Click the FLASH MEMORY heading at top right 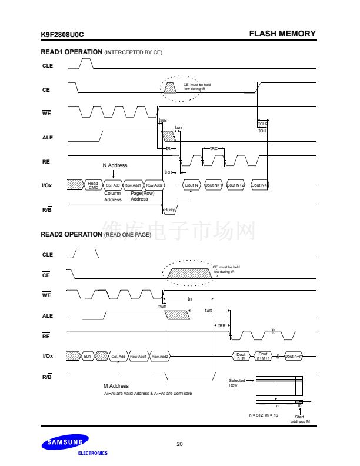pos(282,34)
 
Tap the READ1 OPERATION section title pos(71,52)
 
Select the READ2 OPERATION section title pos(71,234)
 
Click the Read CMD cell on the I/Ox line pos(93,185)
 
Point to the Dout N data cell pos(192,185)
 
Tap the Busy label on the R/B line pos(169,209)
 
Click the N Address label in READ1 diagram pos(115,165)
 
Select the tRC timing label pos(214,149)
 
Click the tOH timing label pos(262,131)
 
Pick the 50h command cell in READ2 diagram pos(87,357)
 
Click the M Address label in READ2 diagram pos(115,386)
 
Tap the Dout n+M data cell pos(241,357)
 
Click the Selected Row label pos(237,382)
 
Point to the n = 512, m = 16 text pos(264,415)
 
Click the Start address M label pos(300,420)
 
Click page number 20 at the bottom pos(179,444)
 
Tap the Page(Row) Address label pos(139,197)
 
